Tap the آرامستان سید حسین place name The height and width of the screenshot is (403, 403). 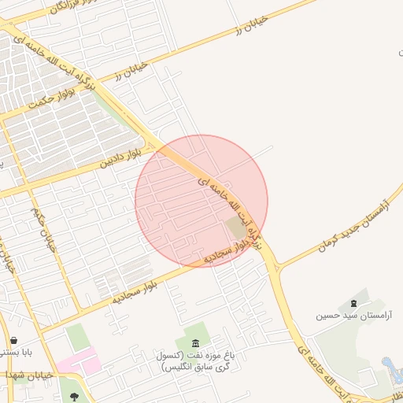pos(343,316)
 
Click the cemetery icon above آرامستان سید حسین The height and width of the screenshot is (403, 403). pos(352,300)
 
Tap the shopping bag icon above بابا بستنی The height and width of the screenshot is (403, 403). pos(14,340)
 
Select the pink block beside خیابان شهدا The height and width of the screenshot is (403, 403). pos(79,363)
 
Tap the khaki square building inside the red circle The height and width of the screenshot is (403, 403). pos(235,227)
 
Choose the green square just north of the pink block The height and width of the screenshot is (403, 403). pos(78,337)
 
